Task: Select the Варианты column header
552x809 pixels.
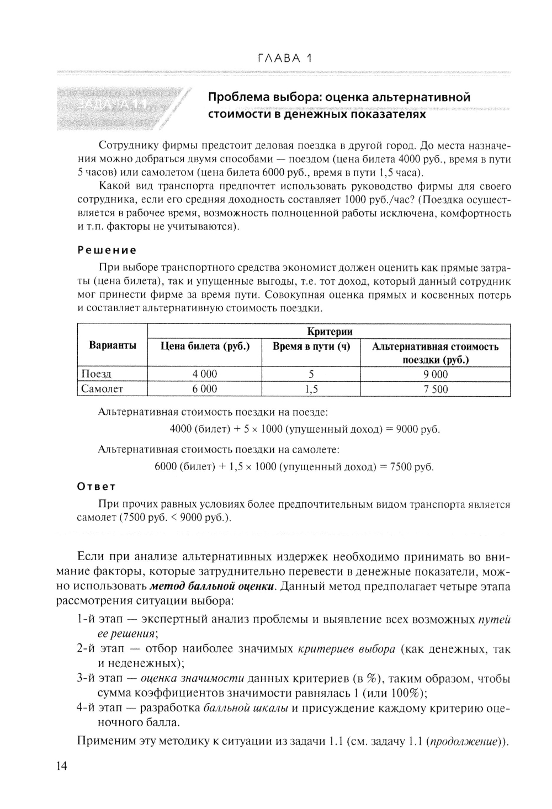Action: [x=113, y=345]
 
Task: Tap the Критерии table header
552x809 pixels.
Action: [x=329, y=331]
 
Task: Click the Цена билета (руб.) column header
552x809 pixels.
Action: [x=205, y=347]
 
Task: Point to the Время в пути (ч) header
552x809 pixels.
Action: [x=312, y=347]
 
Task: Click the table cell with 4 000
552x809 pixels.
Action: [x=205, y=374]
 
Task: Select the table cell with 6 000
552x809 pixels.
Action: [x=205, y=389]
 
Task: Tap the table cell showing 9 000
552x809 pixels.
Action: [x=436, y=375]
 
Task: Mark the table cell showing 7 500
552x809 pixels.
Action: [x=436, y=390]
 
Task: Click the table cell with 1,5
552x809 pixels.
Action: [x=312, y=390]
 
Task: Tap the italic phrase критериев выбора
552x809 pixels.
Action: [x=346, y=649]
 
